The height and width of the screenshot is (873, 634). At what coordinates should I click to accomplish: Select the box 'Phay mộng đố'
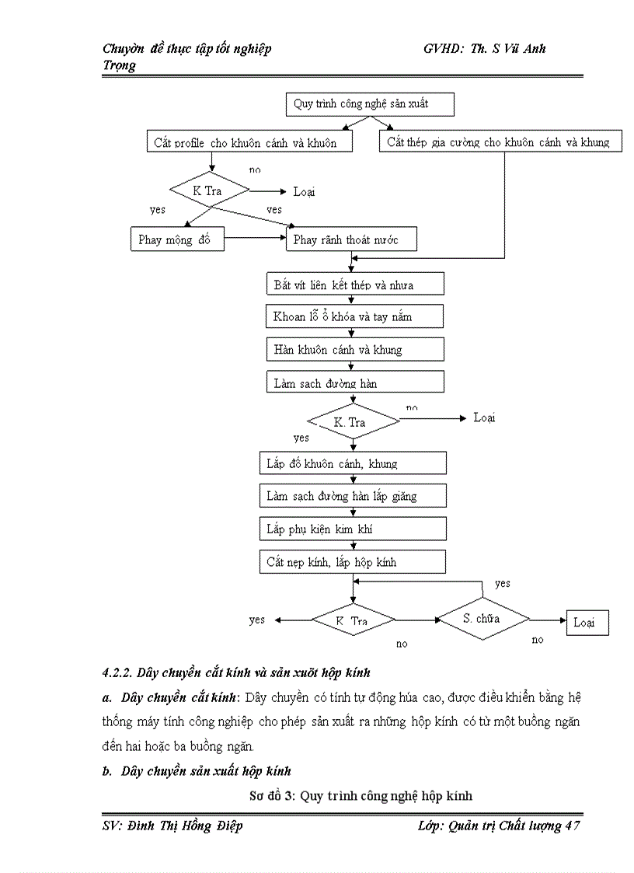(176, 239)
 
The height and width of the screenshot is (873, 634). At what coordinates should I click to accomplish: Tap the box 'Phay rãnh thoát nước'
(352, 239)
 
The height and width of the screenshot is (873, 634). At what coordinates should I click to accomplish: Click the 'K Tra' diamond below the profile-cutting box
(211, 190)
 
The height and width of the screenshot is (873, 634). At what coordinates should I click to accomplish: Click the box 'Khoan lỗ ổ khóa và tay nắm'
(354, 316)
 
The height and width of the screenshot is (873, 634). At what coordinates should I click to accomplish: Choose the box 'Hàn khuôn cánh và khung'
(354, 349)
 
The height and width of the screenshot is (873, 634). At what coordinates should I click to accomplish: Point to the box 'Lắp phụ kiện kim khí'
(353, 529)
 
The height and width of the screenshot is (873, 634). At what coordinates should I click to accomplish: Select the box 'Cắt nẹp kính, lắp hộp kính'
(353, 561)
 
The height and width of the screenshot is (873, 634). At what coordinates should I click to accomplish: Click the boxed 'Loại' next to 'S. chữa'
(587, 623)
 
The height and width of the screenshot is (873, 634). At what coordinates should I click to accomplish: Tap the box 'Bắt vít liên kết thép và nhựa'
(354, 284)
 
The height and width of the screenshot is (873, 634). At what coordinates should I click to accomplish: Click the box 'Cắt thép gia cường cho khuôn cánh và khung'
(500, 141)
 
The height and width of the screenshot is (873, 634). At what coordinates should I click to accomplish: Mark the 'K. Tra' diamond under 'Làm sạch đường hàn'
(353, 422)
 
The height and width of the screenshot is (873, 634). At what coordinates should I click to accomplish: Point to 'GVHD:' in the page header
(444, 48)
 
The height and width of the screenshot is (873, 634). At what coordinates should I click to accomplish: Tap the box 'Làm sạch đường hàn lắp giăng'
(353, 496)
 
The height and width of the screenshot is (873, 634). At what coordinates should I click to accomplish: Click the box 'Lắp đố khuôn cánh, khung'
(353, 463)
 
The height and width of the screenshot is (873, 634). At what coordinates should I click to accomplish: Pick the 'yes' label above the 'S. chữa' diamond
(503, 583)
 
